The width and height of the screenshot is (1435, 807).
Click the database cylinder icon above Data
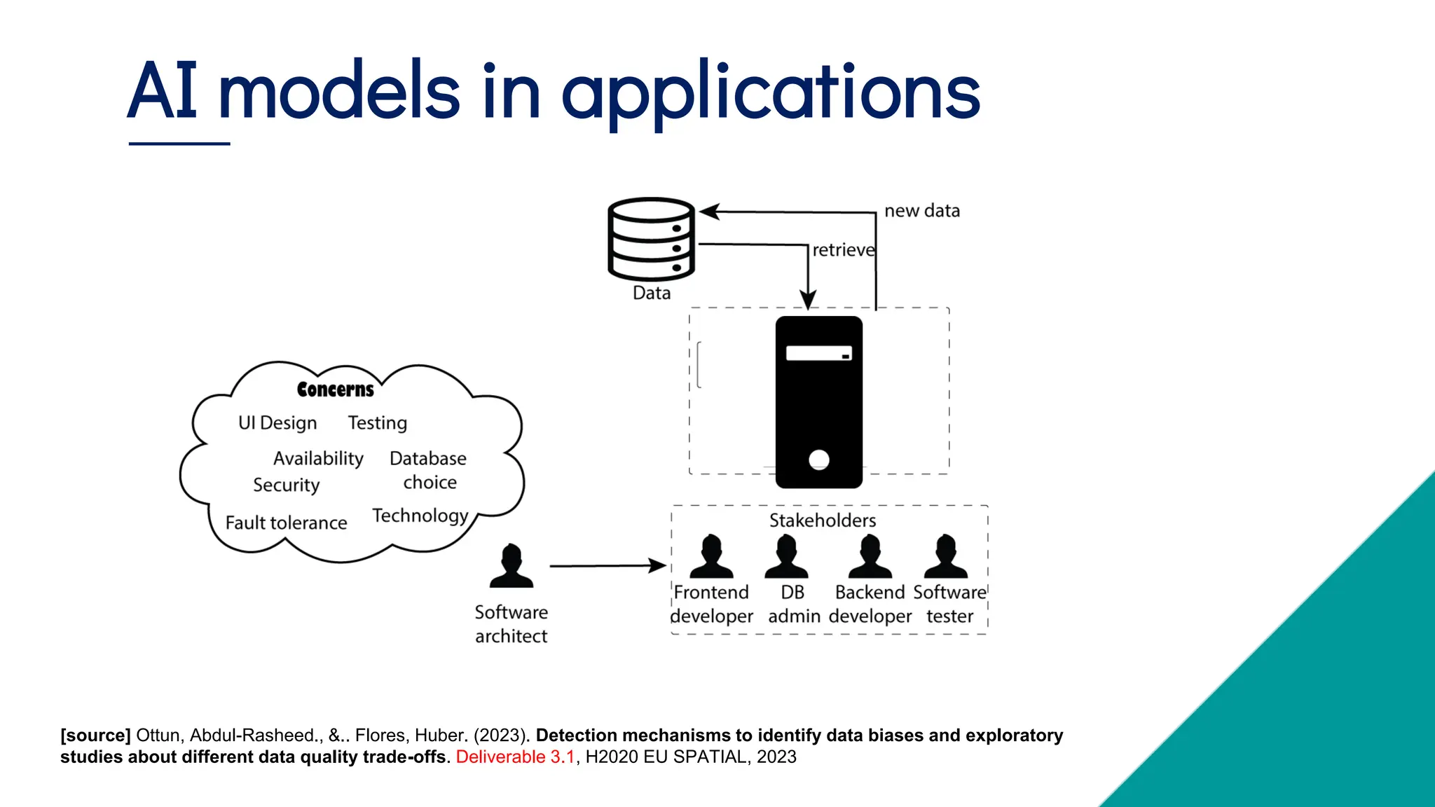pos(651,239)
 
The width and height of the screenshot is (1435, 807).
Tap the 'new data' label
pos(921,211)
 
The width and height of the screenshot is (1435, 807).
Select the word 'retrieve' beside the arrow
pos(843,250)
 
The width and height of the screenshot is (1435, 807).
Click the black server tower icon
pos(818,401)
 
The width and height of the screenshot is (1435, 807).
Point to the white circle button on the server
pos(818,460)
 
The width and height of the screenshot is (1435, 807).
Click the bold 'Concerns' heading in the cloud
pos(335,389)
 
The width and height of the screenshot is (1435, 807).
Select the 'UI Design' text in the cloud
pos(277,423)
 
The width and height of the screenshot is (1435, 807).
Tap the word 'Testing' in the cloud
pos(377,423)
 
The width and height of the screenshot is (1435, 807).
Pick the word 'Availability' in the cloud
pos(318,458)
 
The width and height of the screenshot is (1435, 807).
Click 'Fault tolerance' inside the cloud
pos(286,523)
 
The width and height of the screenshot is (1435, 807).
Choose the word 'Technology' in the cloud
pos(420,516)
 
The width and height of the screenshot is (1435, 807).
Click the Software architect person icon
pos(511,566)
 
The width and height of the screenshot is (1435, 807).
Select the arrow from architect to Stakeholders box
pos(607,565)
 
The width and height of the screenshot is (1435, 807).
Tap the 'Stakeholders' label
pos(822,520)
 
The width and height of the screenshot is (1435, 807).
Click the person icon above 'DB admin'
pos(786,557)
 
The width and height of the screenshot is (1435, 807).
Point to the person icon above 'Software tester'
pos(945,557)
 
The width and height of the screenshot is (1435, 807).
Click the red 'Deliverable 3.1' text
pos(515,757)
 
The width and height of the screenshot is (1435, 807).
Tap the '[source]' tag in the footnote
pos(95,736)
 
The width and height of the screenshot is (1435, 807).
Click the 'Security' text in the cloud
pos(286,485)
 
